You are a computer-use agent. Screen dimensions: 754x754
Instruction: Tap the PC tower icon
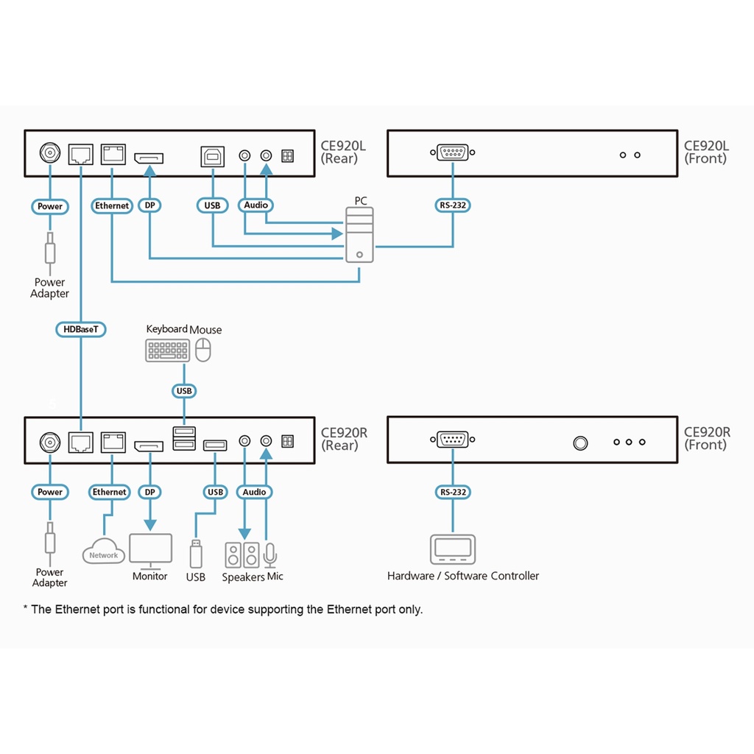(x=359, y=234)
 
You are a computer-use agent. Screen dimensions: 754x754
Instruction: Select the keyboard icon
(x=167, y=350)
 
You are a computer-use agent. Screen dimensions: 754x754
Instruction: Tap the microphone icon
(x=270, y=554)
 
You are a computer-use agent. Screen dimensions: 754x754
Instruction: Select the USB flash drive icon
(x=195, y=554)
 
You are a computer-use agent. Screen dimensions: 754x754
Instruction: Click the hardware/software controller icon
(x=452, y=549)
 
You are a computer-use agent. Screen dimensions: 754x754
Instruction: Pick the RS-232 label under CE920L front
(x=452, y=205)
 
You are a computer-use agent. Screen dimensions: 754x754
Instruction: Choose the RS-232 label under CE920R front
(x=452, y=492)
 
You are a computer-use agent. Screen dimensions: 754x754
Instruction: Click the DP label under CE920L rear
(x=150, y=206)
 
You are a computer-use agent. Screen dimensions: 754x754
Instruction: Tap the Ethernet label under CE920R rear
(x=110, y=492)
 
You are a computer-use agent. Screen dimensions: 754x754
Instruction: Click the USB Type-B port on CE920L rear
(x=212, y=155)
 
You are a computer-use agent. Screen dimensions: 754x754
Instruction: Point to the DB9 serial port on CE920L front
(x=452, y=153)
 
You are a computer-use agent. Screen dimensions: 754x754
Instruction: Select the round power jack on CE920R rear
(x=50, y=442)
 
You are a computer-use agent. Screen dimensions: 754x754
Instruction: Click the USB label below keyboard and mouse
(x=183, y=391)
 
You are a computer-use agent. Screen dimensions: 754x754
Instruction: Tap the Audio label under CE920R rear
(x=255, y=492)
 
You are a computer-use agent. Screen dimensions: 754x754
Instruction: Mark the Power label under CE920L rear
(x=50, y=206)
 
